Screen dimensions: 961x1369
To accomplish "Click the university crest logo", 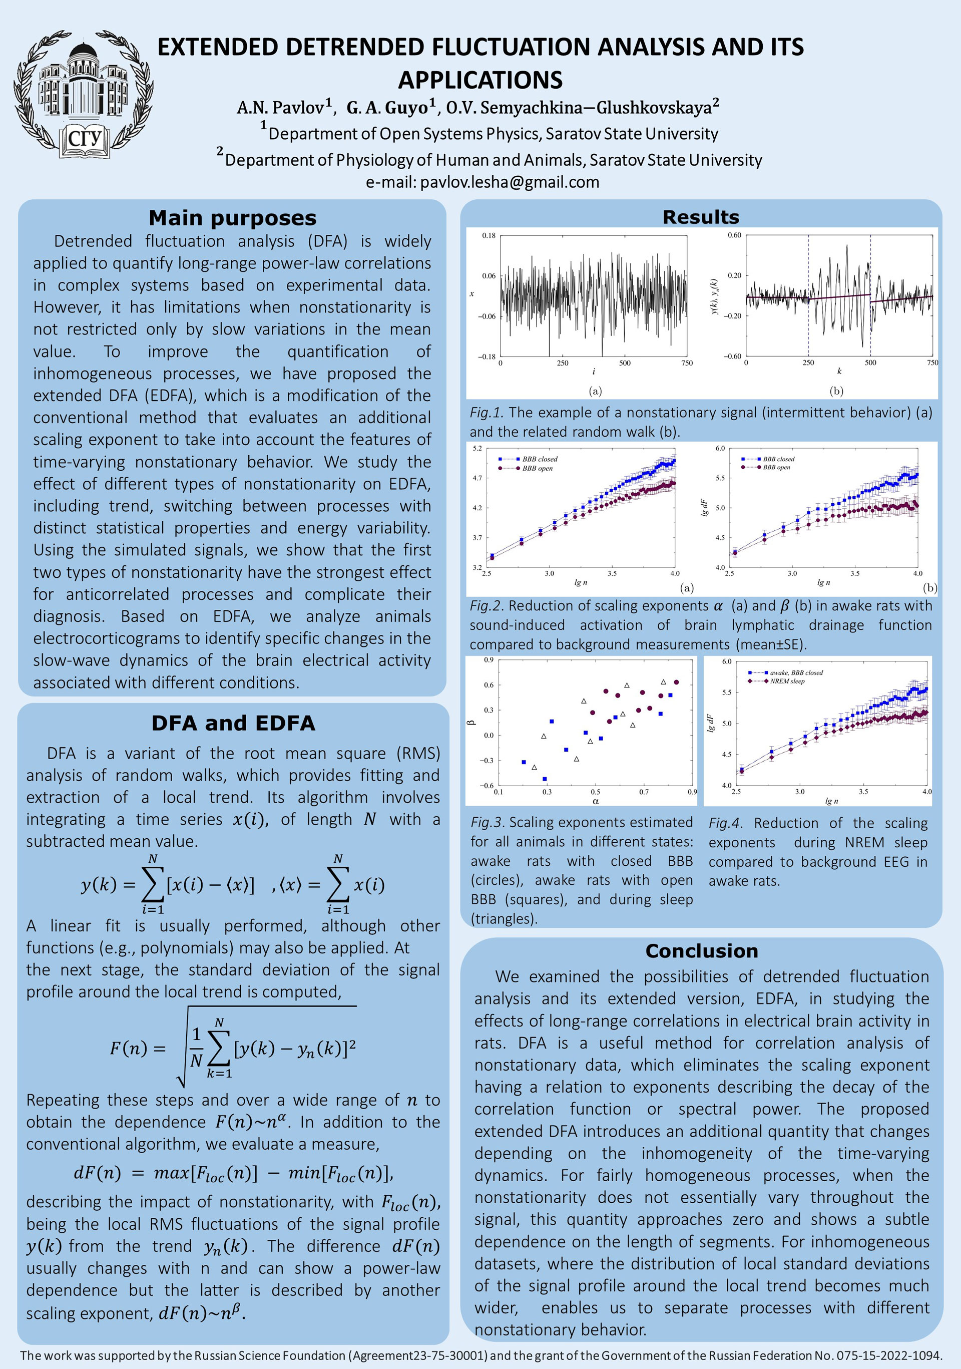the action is (x=84, y=94).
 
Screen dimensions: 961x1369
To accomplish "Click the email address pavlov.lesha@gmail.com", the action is (x=510, y=182).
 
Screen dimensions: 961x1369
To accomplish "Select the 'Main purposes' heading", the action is (x=233, y=218).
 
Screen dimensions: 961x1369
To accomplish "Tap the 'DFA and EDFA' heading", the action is (x=233, y=723).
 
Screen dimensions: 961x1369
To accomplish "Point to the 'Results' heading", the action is (x=701, y=217).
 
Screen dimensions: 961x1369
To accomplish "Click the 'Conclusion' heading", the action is (x=702, y=950).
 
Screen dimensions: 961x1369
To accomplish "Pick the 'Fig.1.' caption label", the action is (x=487, y=412).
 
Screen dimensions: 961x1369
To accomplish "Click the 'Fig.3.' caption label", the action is (x=488, y=822).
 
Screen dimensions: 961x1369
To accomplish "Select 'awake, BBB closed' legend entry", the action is (x=796, y=672).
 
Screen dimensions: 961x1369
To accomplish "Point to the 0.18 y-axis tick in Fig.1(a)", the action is (x=489, y=235).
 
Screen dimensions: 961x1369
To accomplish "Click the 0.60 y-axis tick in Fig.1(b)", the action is (x=734, y=235).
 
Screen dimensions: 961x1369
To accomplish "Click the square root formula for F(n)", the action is (x=233, y=1048).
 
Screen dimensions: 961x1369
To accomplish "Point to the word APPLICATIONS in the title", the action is (x=480, y=80).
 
